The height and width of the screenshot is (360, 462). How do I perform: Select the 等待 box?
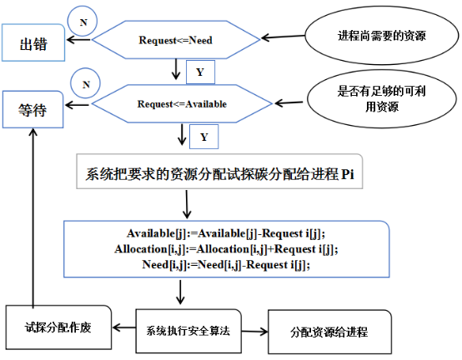[x=33, y=107]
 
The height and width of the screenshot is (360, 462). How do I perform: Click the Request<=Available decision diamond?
[x=181, y=104]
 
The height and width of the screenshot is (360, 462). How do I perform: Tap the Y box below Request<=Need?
[x=199, y=72]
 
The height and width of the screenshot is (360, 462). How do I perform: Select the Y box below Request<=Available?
[x=205, y=135]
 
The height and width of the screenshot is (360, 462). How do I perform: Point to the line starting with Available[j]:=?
[x=224, y=234]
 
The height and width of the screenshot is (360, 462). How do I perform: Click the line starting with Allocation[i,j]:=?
[x=224, y=249]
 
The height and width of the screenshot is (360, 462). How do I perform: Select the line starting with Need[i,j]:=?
[x=224, y=264]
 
